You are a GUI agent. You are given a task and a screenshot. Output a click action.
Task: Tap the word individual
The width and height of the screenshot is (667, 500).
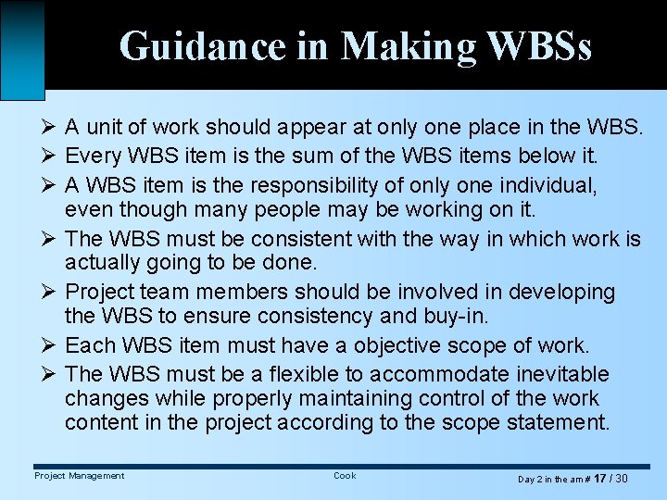pos(542,186)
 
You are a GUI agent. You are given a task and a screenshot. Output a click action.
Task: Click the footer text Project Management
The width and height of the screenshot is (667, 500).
pos(79,476)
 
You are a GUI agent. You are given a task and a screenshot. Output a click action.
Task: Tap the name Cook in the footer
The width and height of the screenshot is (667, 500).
pos(345,476)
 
